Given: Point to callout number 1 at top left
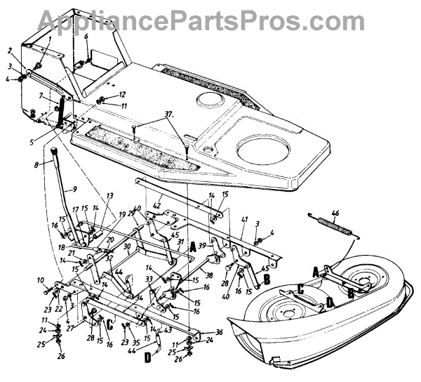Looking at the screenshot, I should tap(51, 39).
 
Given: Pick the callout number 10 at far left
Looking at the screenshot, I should tap(41, 281).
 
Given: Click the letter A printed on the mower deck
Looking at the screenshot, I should tap(316, 271).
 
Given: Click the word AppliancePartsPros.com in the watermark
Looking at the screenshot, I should tap(210, 19).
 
